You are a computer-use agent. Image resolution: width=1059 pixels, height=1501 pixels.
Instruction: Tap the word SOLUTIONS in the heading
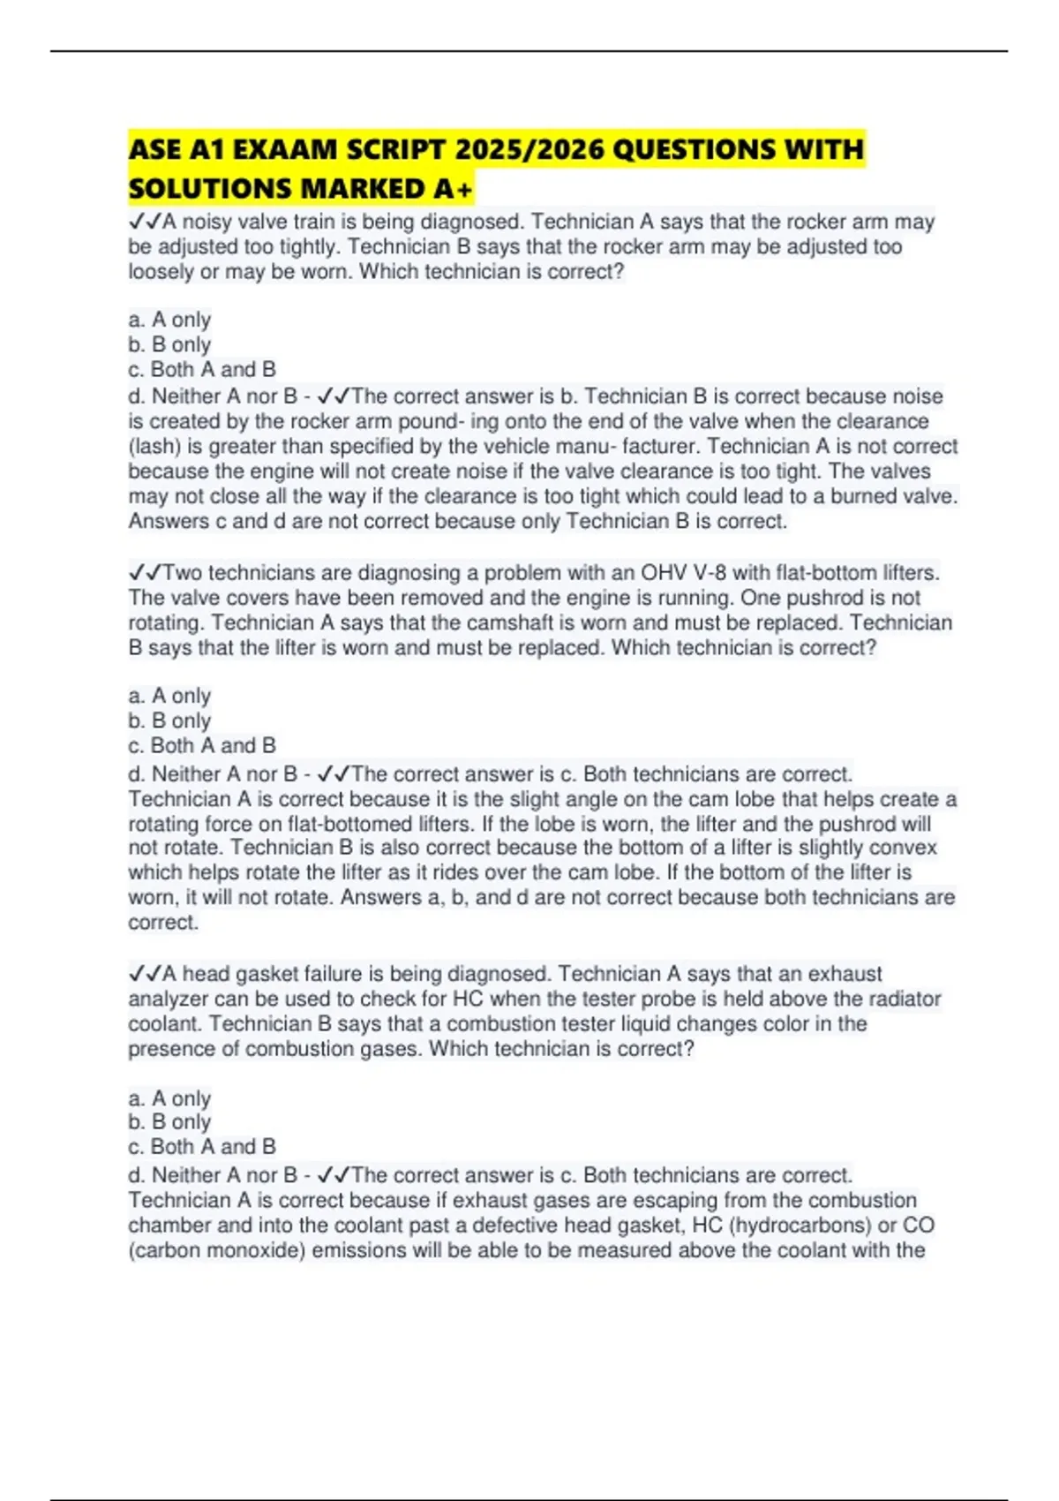(210, 189)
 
